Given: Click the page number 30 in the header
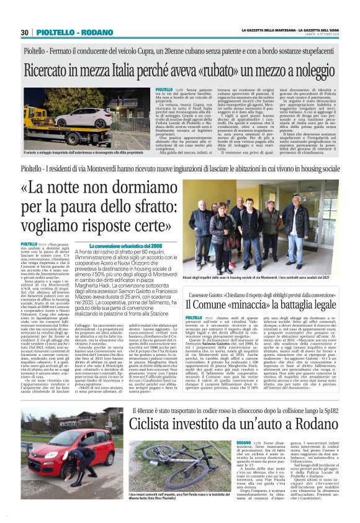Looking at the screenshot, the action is [25, 32].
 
